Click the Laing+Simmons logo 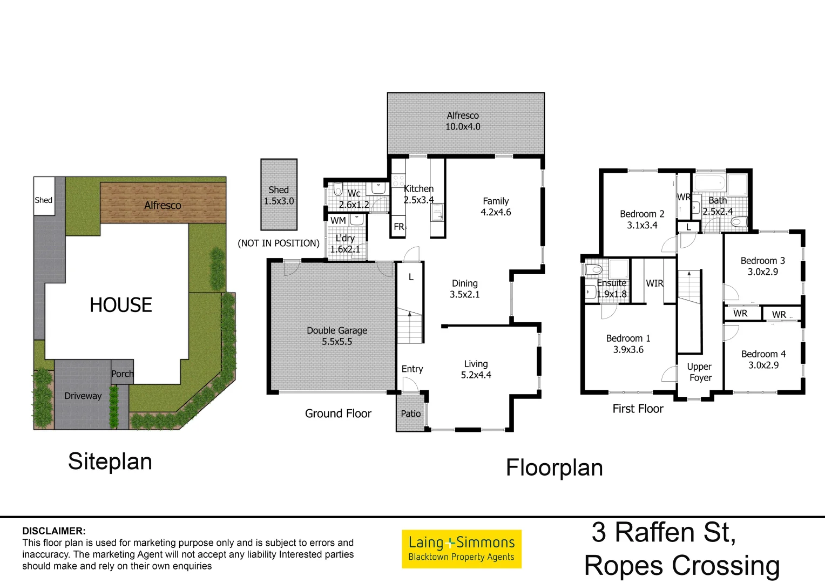pyautogui.click(x=462, y=548)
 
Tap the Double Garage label pyautogui.click(x=337, y=330)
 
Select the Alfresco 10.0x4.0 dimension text pyautogui.click(x=463, y=127)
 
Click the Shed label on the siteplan pyautogui.click(x=44, y=200)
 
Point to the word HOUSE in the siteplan pyautogui.click(x=121, y=305)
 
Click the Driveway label pyautogui.click(x=83, y=396)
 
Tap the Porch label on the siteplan pyautogui.click(x=123, y=374)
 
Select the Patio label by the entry pyautogui.click(x=410, y=413)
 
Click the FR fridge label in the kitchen pyautogui.click(x=399, y=227)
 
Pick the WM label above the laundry pyautogui.click(x=338, y=220)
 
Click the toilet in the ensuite pyautogui.click(x=593, y=269)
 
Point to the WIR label pyautogui.click(x=654, y=283)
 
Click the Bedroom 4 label pyautogui.click(x=763, y=354)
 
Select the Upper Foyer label pyautogui.click(x=700, y=372)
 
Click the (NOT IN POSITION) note pyautogui.click(x=279, y=243)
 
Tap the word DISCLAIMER pyautogui.click(x=54, y=531)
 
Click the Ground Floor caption pyautogui.click(x=338, y=413)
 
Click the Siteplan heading pyautogui.click(x=110, y=462)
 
